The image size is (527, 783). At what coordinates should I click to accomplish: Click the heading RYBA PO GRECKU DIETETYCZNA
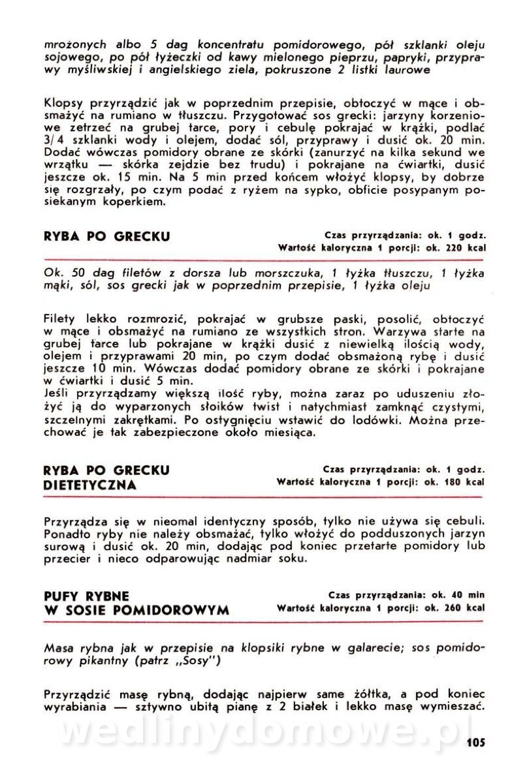click(107, 477)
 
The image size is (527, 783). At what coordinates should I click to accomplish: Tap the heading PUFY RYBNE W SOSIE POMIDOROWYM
click(136, 603)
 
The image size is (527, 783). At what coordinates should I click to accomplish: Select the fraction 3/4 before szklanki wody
click(53, 140)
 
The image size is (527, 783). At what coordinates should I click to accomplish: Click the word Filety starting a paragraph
click(60, 320)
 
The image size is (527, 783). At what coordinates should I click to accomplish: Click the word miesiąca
click(285, 432)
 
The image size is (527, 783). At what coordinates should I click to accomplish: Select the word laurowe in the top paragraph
click(405, 70)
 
